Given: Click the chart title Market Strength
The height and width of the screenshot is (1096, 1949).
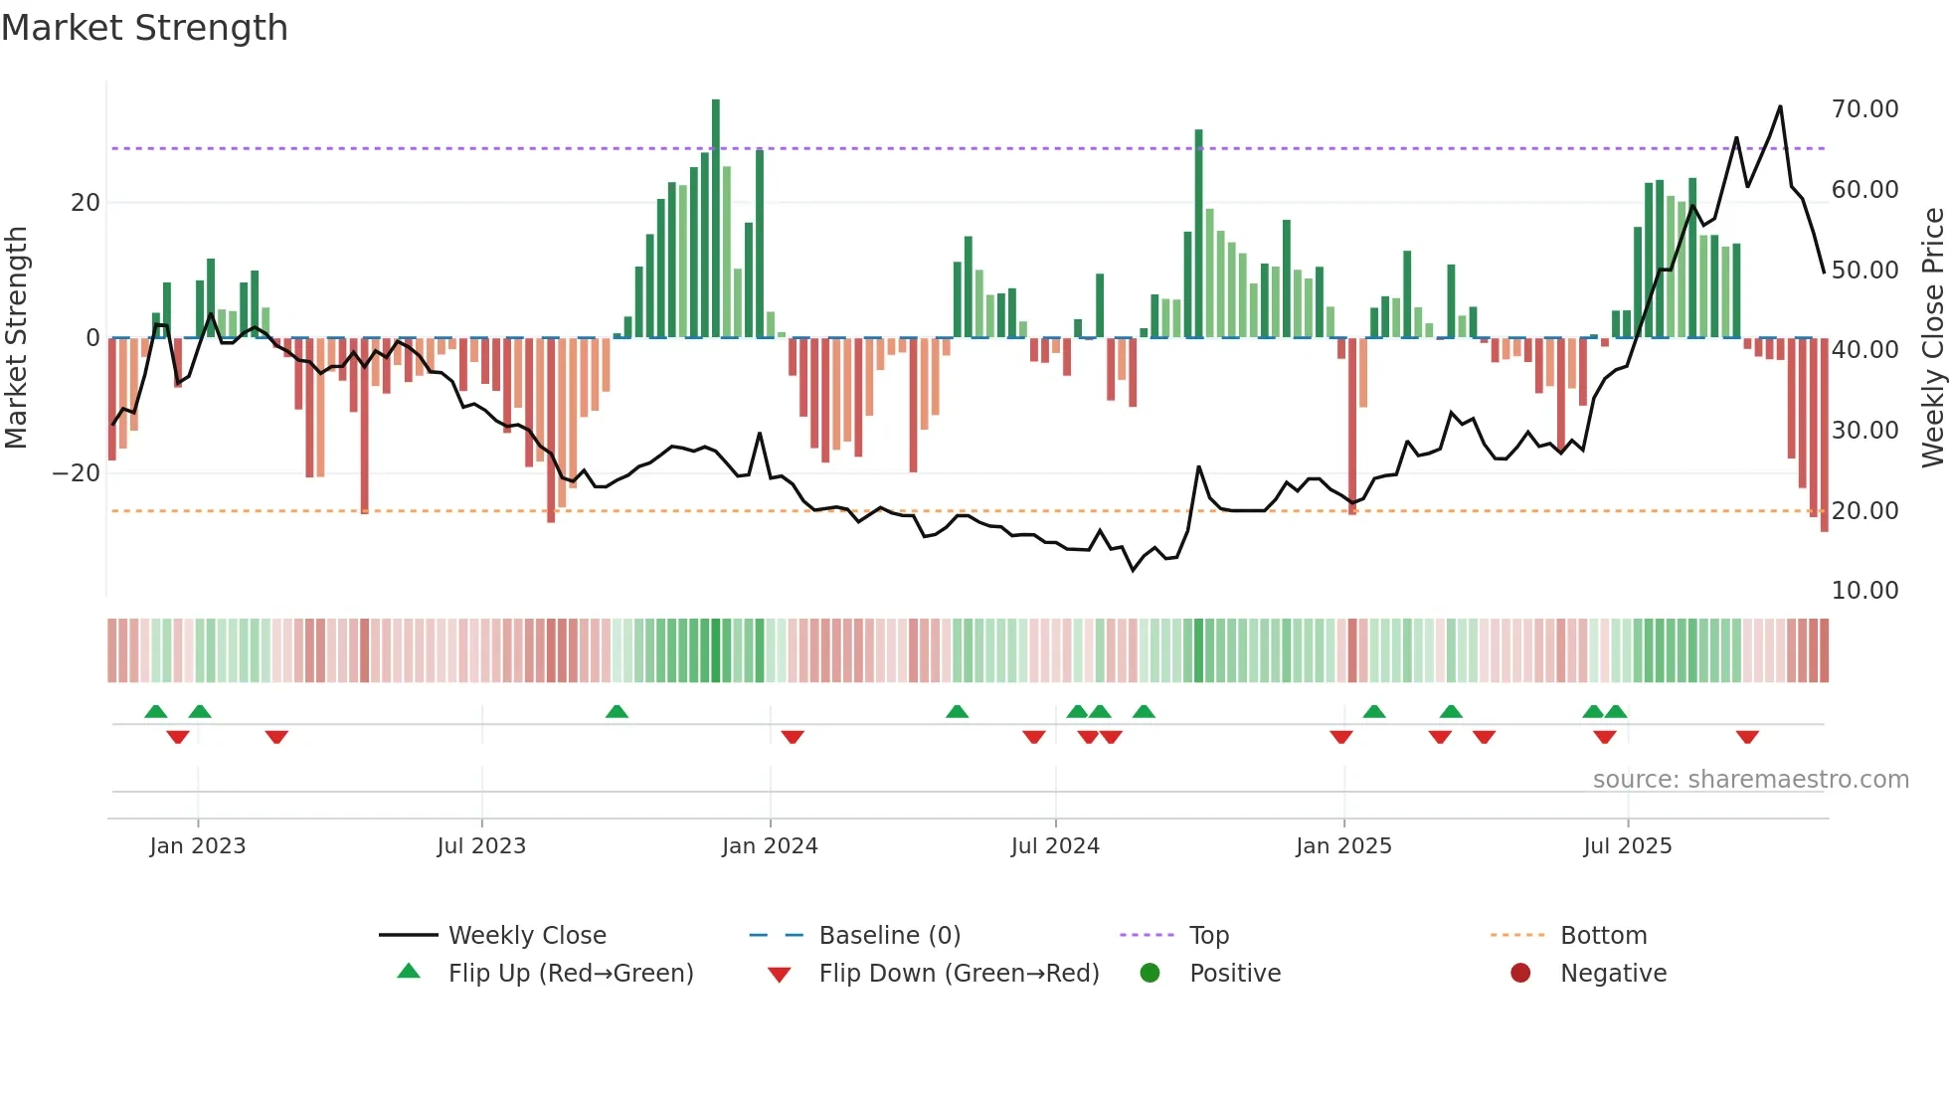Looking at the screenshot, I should (144, 28).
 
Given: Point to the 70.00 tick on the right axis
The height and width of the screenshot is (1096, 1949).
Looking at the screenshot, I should (1864, 108).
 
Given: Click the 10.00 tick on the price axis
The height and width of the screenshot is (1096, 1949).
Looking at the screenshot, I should (1864, 590).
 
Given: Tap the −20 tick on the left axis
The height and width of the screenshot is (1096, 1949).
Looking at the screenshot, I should (77, 472).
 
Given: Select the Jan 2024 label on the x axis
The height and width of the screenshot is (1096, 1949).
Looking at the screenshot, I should (770, 845).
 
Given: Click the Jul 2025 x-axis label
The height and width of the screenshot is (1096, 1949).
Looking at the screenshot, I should (1627, 845).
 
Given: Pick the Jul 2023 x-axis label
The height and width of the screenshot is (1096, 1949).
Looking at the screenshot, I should (481, 845).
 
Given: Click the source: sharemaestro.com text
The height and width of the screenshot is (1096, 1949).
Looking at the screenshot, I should (1750, 779).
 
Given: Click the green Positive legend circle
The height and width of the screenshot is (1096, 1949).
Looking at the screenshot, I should (1150, 973).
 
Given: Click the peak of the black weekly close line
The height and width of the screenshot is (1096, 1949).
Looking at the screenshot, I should (1780, 106).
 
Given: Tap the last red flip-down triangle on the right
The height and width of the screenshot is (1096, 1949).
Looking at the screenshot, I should (1747, 737).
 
